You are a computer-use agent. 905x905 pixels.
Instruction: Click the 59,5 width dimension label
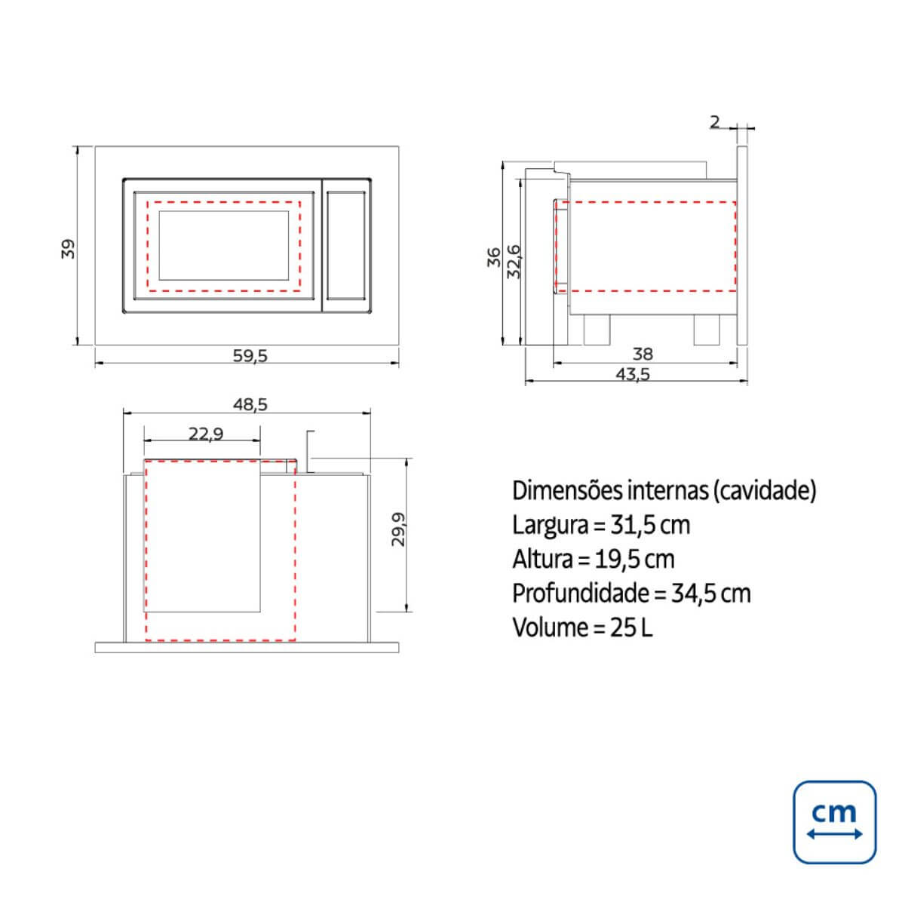click(x=250, y=355)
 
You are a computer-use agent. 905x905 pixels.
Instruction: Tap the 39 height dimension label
click(x=68, y=249)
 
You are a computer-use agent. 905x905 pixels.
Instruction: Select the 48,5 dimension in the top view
click(x=250, y=404)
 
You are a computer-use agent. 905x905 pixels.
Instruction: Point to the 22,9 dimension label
click(x=206, y=434)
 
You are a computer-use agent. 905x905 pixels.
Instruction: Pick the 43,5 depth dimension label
click(x=633, y=374)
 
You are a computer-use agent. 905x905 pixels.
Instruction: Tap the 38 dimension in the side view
click(x=643, y=354)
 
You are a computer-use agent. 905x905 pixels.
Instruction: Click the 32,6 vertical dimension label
click(x=514, y=262)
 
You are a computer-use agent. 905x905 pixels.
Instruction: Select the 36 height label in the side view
click(x=493, y=257)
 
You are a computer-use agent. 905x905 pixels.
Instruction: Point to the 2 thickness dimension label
click(x=714, y=122)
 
